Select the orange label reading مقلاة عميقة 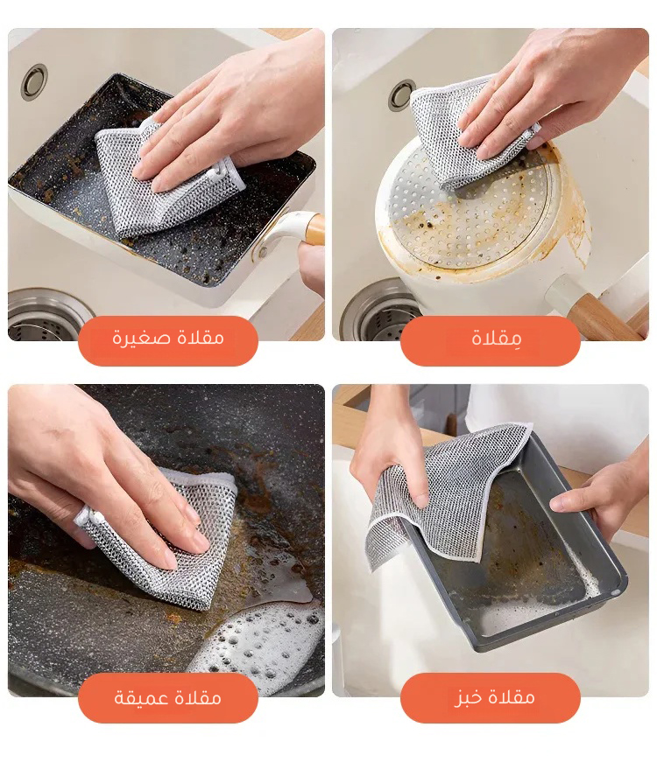(168, 697)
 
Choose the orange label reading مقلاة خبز (490, 697)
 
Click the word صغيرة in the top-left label (135, 338)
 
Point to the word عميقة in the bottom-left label (138, 698)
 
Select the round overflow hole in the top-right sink (401, 94)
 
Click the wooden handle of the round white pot (607, 316)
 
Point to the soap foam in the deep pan (258, 643)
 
